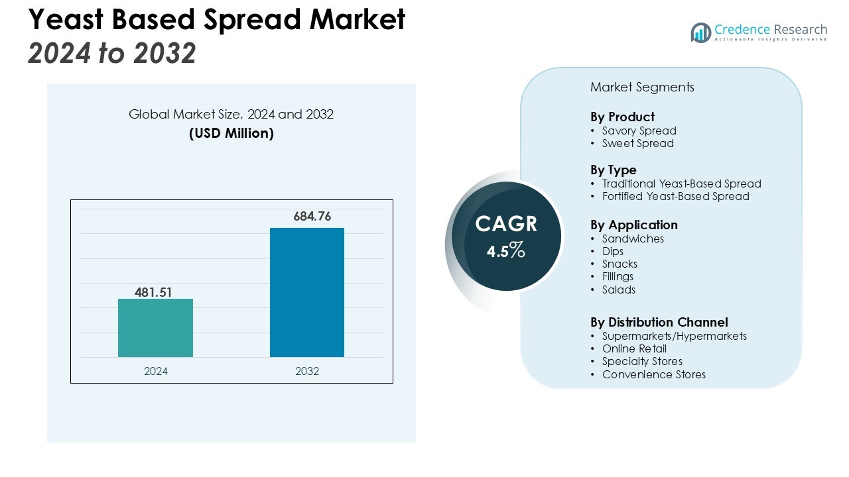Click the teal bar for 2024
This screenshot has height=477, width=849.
coord(155,328)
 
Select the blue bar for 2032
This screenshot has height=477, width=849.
coord(306,292)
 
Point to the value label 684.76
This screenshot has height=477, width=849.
coord(312,217)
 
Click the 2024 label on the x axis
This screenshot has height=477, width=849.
coord(156,371)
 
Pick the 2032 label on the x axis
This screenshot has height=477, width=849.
coord(307,371)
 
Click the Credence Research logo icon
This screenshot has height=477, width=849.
coord(700,32)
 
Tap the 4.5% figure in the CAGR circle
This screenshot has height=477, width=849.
coord(506,251)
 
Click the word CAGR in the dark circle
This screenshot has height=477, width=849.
coord(506,224)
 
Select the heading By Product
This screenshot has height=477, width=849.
coord(622,117)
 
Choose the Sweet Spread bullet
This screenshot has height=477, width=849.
coord(637,143)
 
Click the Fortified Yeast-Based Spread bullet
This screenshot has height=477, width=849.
coord(675,196)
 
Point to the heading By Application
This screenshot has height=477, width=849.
coord(633,225)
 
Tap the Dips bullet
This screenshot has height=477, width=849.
coord(613,251)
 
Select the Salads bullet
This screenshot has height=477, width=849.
coord(618,290)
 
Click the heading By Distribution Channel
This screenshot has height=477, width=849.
coord(659,322)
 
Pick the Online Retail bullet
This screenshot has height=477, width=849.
coord(634,348)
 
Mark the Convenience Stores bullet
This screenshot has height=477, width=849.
coord(653,374)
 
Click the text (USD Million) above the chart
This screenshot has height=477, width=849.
coord(231,133)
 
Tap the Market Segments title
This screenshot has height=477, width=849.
coord(642,87)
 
